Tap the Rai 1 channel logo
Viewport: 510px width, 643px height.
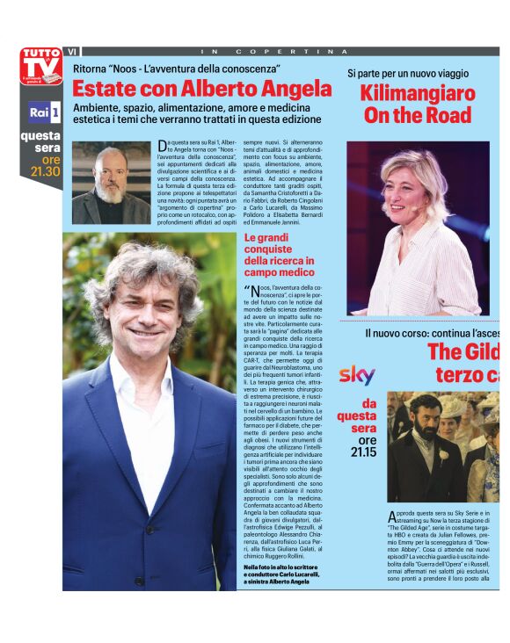pos(42,112)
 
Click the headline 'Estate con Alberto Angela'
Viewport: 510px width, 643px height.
pos(201,89)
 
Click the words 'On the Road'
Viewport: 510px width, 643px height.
pos(417,115)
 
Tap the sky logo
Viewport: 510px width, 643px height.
pos(357,375)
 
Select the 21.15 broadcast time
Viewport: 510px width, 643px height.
pos(363,452)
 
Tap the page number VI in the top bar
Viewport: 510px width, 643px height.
pos(72,52)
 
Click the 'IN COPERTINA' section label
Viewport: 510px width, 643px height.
pos(281,52)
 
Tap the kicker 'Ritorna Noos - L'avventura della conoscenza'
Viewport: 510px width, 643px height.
pos(176,68)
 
